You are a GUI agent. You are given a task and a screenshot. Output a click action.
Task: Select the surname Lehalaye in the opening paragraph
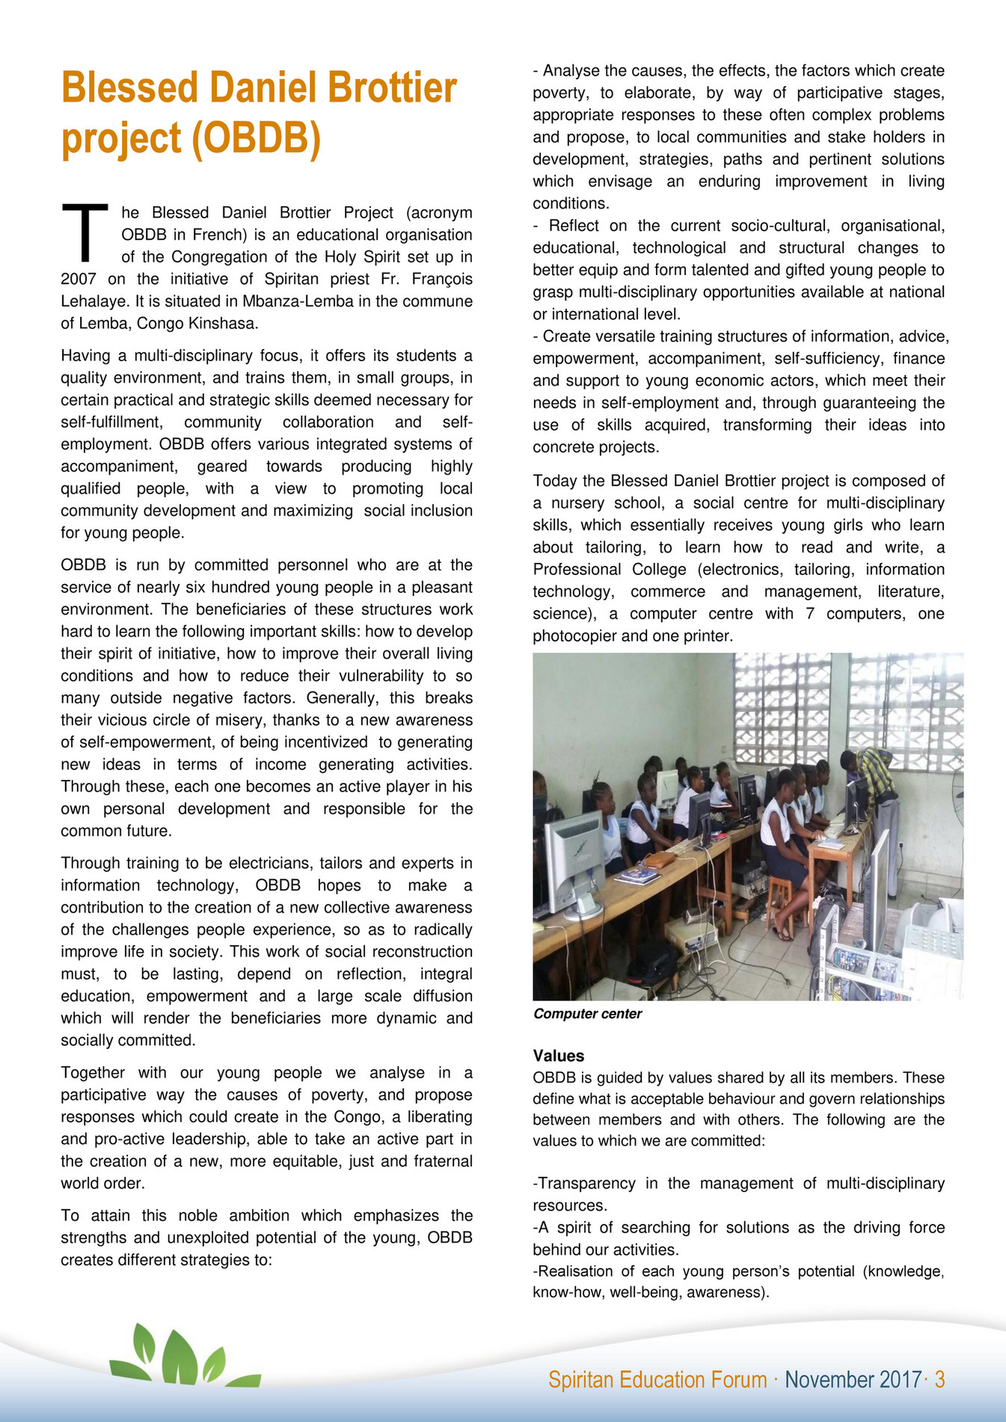[x=91, y=301]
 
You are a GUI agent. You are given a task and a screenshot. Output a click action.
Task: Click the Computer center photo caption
[x=587, y=1014]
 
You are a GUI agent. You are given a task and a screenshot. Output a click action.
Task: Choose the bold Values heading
[x=558, y=1056]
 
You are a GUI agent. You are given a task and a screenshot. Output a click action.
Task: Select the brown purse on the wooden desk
[x=659, y=860]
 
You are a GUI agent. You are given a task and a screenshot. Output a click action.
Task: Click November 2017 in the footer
[x=853, y=1379]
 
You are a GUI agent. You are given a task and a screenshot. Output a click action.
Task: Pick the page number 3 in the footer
[x=939, y=1379]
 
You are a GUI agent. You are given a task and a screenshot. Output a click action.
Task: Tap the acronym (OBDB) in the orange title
[x=257, y=138]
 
